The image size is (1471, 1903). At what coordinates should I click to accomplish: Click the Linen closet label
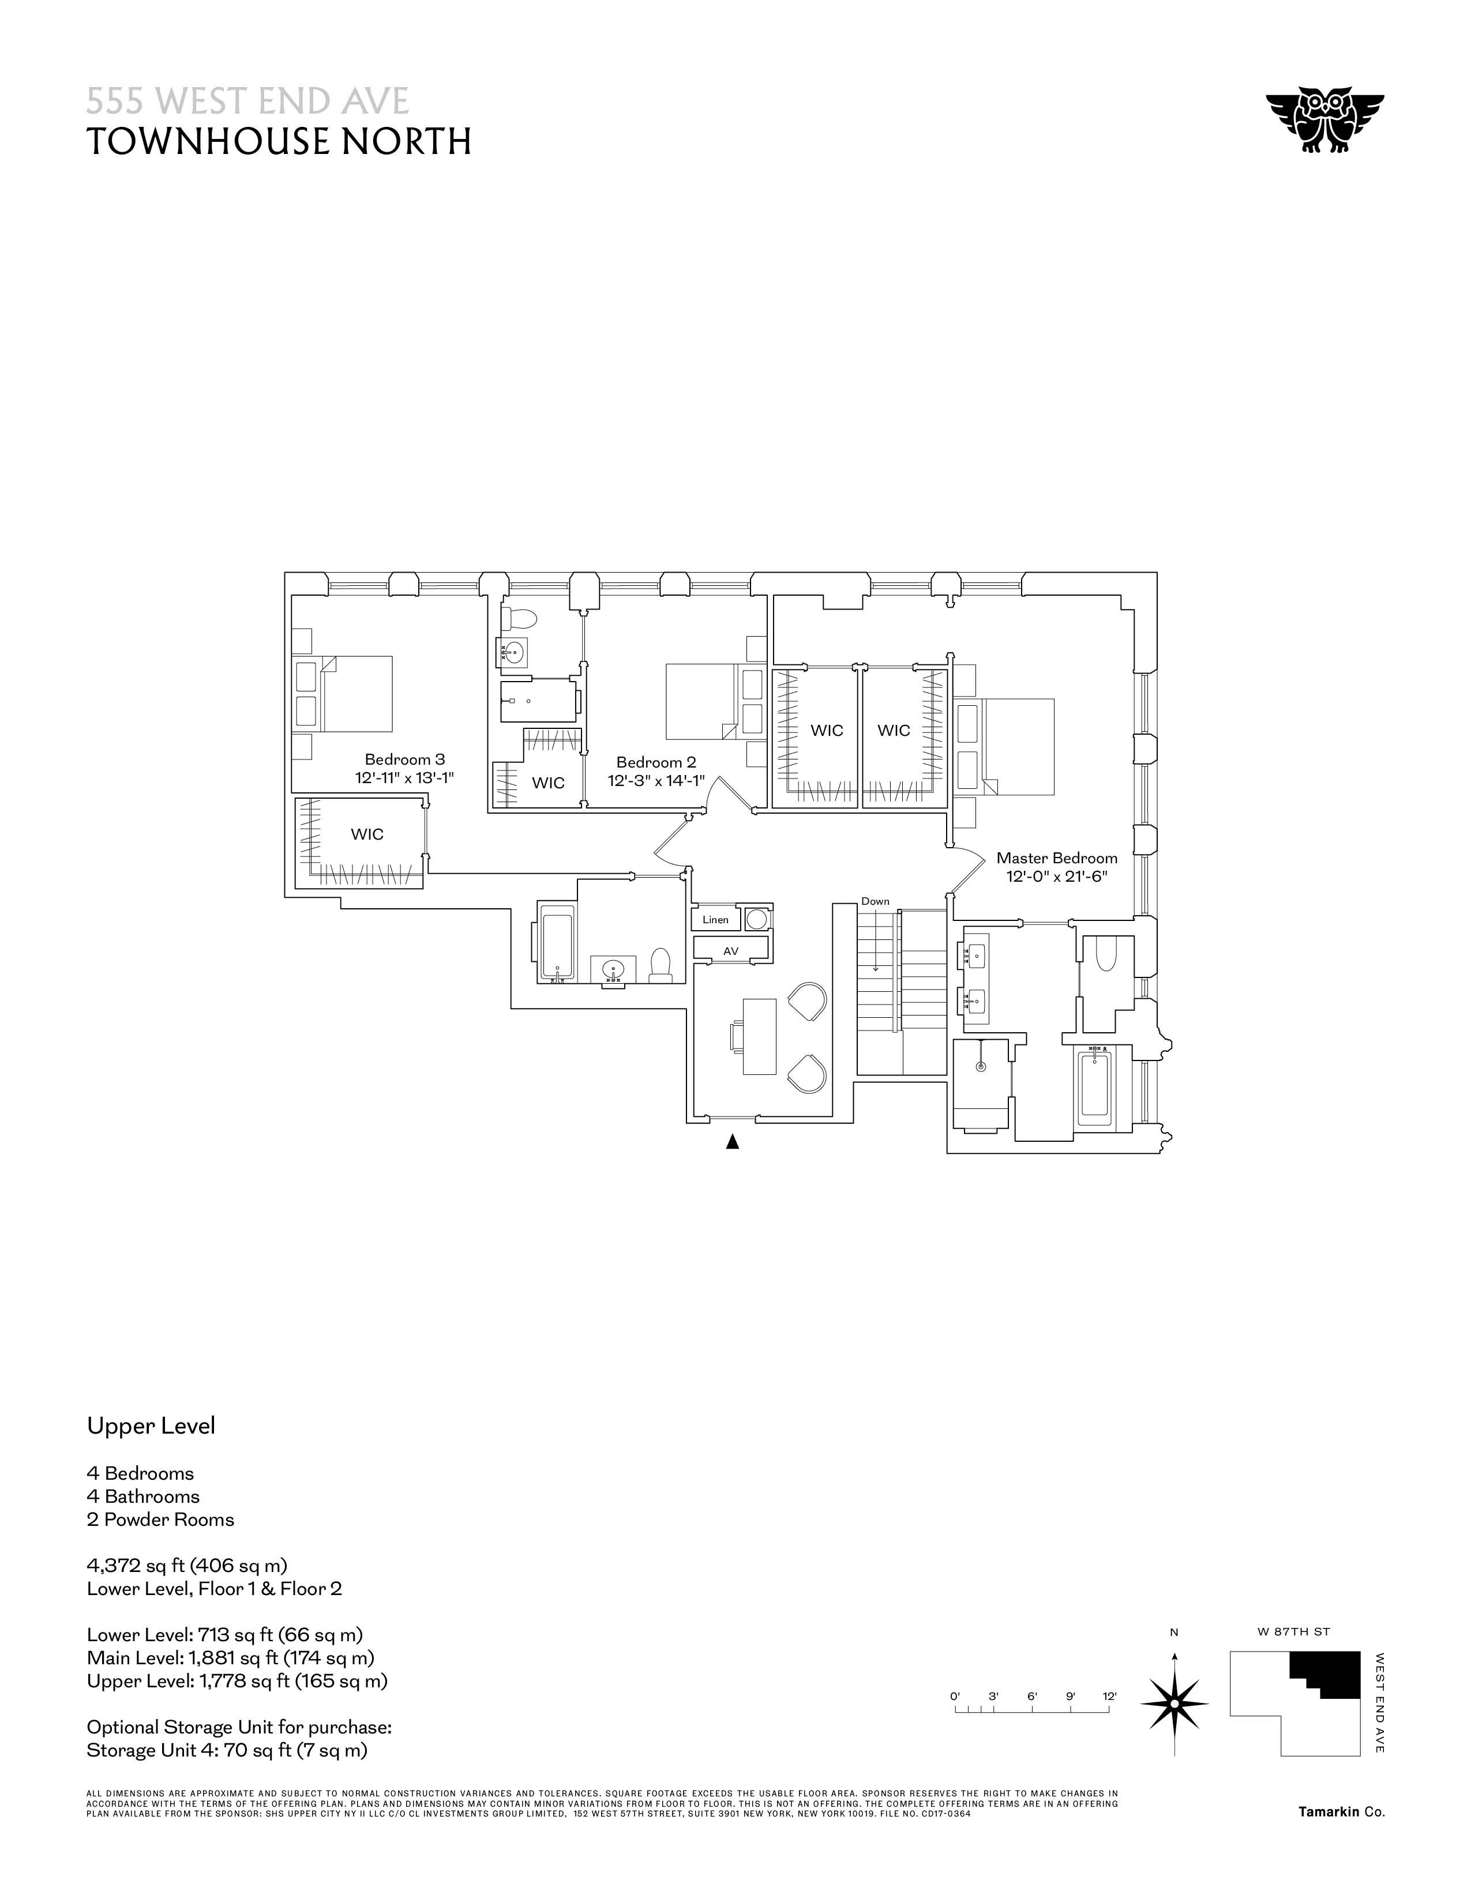point(715,919)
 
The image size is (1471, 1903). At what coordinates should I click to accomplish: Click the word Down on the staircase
point(875,901)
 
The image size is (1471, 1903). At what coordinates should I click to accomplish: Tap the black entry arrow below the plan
point(733,1141)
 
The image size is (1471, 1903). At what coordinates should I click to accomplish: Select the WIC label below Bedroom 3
point(367,834)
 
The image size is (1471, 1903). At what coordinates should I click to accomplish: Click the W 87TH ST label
point(1293,1631)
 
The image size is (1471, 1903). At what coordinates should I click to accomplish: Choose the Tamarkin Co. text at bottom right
point(1340,1811)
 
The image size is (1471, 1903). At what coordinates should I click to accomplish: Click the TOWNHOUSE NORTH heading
point(279,141)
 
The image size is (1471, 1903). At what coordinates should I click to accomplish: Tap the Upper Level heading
point(151,1426)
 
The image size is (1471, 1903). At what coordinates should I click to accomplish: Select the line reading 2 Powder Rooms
point(160,1520)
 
